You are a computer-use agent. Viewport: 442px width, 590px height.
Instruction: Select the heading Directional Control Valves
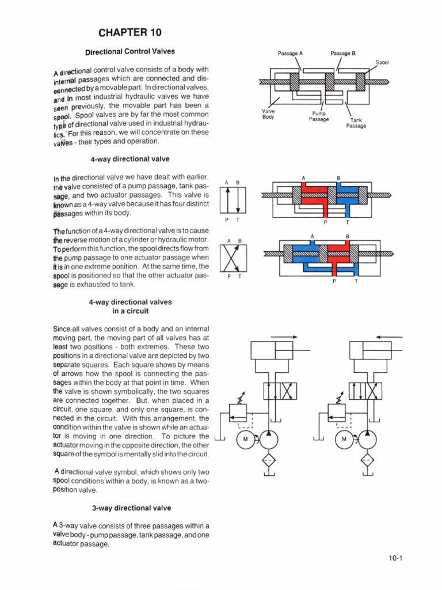pyautogui.click(x=129, y=52)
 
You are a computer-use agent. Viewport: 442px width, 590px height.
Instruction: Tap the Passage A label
pyautogui.click(x=290, y=53)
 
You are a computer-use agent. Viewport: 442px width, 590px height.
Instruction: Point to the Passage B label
pyautogui.click(x=343, y=53)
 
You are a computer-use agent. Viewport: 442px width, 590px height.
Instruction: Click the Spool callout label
pyautogui.click(x=383, y=62)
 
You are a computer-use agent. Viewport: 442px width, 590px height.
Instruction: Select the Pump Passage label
pyautogui.click(x=318, y=116)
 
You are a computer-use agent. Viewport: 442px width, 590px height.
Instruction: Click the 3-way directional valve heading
pyautogui.click(x=131, y=508)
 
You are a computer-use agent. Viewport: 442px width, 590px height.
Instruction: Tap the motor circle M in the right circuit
pyautogui.click(x=344, y=439)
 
